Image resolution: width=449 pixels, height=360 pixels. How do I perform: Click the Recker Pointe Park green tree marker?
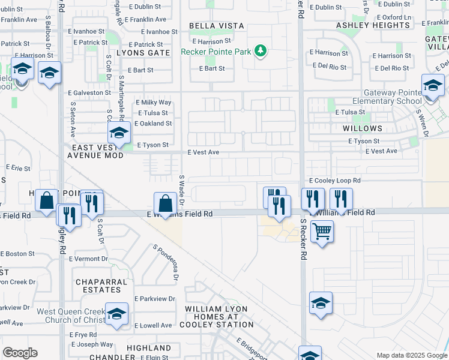point(261,51)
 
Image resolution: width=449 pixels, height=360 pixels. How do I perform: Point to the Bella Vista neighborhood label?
point(217,26)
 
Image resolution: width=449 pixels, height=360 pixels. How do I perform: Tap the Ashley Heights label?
point(373,25)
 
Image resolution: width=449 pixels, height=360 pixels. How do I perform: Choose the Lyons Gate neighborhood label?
point(143,53)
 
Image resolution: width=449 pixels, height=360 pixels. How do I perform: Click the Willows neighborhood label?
point(363,128)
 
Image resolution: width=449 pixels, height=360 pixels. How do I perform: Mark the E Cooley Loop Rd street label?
point(335,180)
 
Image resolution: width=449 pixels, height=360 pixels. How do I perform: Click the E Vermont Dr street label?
point(88,259)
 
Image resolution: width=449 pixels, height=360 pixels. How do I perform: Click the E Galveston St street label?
point(89,93)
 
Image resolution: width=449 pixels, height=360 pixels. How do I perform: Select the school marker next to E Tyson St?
point(119,133)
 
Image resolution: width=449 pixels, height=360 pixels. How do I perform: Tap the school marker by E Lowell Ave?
point(116,313)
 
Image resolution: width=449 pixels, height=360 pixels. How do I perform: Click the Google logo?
point(20,353)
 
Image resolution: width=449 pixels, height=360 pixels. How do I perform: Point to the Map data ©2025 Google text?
point(411,355)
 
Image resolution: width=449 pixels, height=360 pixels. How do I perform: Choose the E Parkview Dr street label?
point(154,298)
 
